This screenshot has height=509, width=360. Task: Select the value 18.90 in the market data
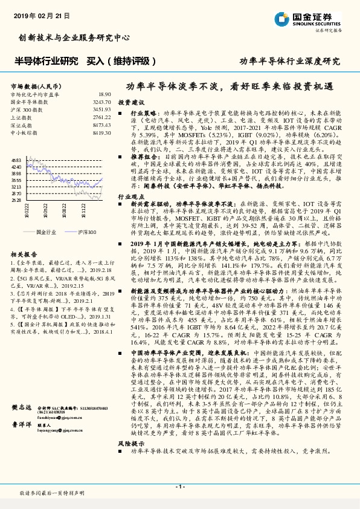pyautogui.click(x=104, y=95)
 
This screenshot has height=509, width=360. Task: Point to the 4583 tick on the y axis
pyautogui.click(x=16, y=160)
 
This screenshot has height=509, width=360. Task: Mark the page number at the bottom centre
pyautogui.click(x=179, y=487)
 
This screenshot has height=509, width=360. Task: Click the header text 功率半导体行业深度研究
pyautogui.click(x=290, y=61)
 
